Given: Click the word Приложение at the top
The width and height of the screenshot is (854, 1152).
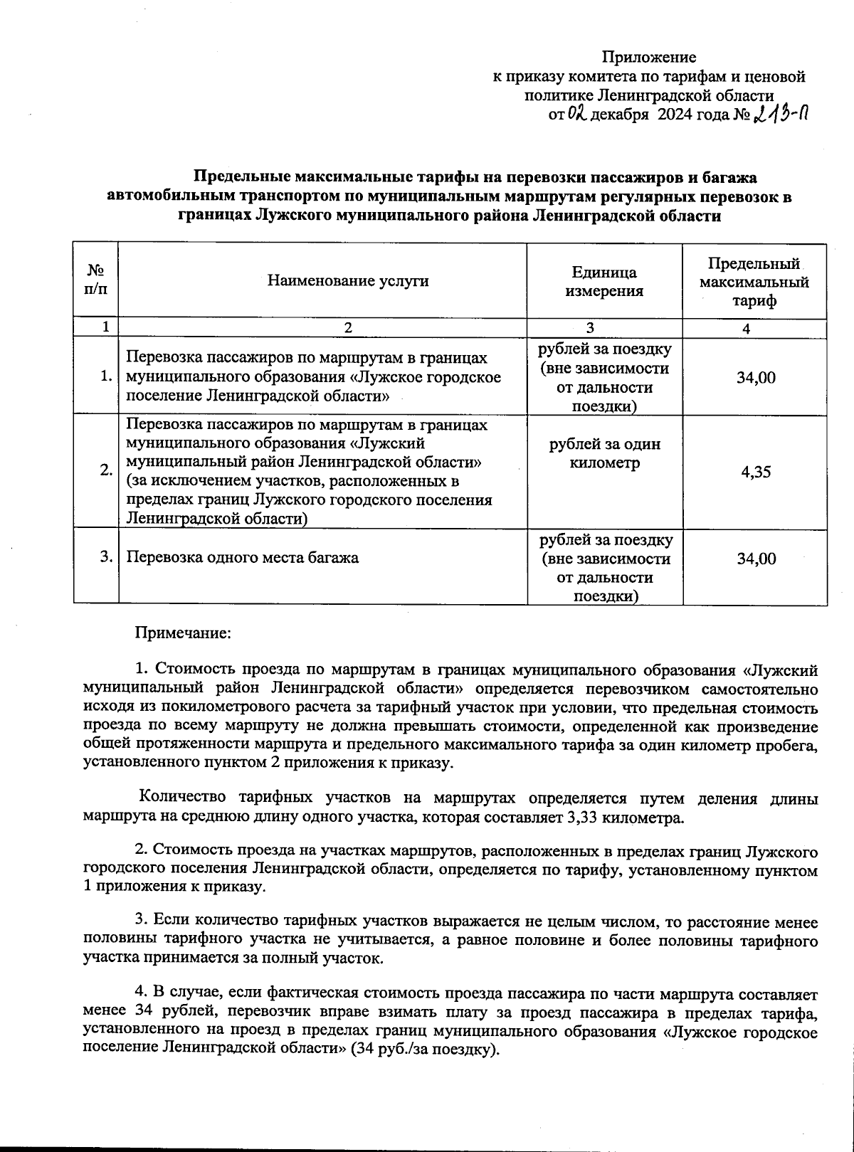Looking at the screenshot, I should (x=649, y=57).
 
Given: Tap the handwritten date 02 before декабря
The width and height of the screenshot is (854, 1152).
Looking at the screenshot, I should (x=576, y=113).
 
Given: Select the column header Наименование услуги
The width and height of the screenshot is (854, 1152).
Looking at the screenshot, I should (x=348, y=280).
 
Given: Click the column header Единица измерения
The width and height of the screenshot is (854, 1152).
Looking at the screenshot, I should (x=604, y=281).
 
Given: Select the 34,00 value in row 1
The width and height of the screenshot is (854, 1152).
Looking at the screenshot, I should (x=756, y=377).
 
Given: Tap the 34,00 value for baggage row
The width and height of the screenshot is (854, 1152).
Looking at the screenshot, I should (x=756, y=559).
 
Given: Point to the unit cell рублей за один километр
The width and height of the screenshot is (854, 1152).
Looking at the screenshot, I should (x=604, y=453).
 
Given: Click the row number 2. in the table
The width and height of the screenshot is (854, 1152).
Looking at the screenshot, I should (x=105, y=471).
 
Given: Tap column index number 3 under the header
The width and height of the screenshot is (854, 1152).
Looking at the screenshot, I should (x=589, y=327).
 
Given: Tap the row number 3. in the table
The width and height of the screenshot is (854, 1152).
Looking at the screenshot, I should (x=106, y=557).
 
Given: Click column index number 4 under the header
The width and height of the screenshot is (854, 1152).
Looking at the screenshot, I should (x=746, y=328).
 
